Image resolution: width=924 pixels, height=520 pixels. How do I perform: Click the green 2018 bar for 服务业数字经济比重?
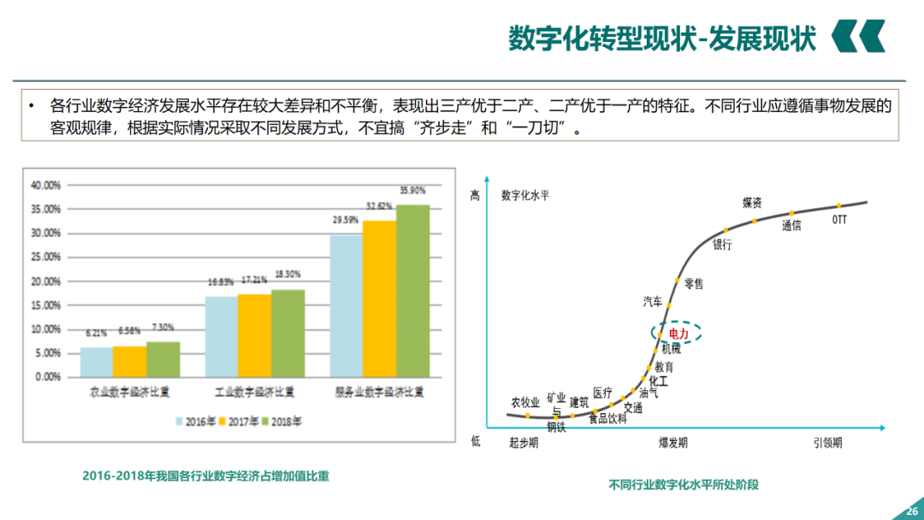(x=412, y=291)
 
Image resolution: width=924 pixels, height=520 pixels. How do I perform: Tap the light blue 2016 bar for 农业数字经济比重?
(x=97, y=362)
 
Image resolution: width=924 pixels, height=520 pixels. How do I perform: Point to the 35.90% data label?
(x=412, y=190)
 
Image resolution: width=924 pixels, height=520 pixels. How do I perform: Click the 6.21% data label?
(x=97, y=334)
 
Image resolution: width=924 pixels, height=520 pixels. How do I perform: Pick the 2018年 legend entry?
(x=281, y=421)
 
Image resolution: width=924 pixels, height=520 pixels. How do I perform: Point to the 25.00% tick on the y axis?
(x=45, y=257)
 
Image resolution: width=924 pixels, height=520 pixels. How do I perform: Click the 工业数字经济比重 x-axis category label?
(x=254, y=393)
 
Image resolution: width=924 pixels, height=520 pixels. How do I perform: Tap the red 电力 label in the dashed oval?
(x=678, y=334)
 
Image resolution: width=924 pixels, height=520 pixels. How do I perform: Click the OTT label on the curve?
(x=840, y=220)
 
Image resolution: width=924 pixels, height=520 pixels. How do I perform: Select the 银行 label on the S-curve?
(x=723, y=245)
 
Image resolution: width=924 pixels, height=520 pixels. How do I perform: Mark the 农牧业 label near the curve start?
(x=525, y=402)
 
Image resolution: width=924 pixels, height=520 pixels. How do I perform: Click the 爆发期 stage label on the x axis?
(x=672, y=442)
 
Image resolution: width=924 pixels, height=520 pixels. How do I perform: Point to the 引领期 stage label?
(x=827, y=442)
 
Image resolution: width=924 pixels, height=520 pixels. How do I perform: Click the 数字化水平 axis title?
(x=525, y=195)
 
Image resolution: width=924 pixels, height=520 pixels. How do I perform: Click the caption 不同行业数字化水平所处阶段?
(x=684, y=484)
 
